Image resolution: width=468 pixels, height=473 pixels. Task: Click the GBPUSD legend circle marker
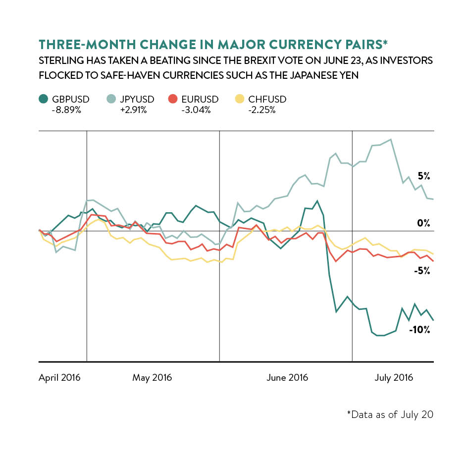[44, 100]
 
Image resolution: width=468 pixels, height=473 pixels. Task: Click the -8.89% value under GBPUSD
[66, 110]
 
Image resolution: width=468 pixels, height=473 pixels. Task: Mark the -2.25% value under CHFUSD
[261, 110]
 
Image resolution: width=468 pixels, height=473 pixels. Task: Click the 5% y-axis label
[424, 176]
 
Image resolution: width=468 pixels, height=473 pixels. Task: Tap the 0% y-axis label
[424, 224]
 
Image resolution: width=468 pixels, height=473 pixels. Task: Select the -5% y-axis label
[421, 271]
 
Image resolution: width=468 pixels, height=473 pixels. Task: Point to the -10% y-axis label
[419, 329]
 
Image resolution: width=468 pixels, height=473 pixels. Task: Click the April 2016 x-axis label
[59, 378]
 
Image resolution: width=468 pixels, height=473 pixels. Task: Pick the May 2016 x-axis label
[152, 378]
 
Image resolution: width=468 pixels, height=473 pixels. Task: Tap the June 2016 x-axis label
[287, 378]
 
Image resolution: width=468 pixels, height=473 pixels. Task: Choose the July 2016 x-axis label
[394, 378]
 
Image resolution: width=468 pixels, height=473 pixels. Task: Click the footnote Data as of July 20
[390, 414]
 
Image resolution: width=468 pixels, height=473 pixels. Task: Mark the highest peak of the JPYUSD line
[391, 139]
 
